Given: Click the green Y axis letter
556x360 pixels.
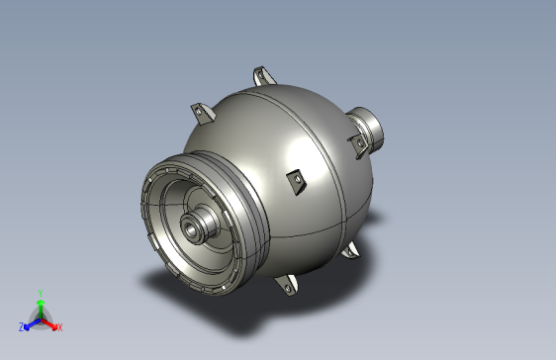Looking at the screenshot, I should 40,293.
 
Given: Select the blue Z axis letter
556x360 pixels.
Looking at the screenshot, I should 21,326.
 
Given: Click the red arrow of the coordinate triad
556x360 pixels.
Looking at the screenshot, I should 49,322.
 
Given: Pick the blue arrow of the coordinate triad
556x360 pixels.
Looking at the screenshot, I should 30,322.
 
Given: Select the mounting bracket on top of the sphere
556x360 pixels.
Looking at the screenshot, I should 263,76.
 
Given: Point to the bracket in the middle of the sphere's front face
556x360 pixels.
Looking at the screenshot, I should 294,180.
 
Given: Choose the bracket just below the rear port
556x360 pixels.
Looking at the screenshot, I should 356,146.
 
